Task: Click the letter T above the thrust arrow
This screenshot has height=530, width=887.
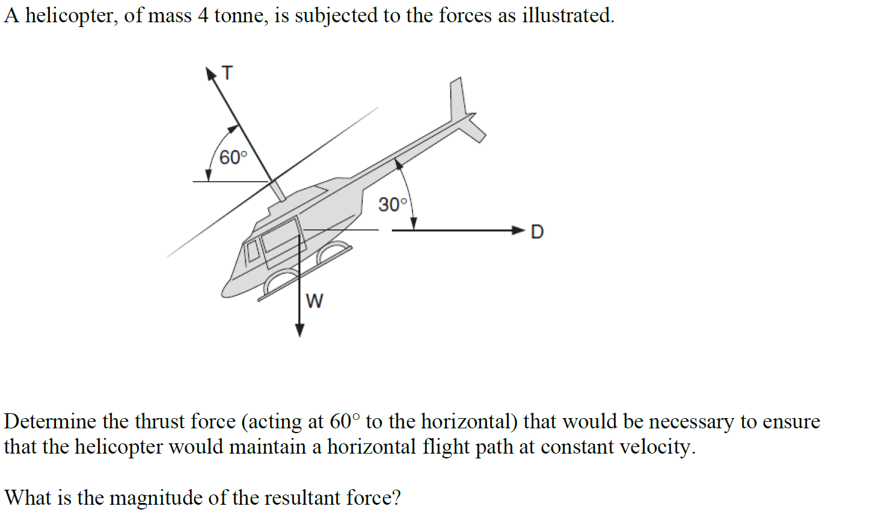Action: point(227,73)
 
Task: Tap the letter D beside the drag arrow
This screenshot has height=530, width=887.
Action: point(537,232)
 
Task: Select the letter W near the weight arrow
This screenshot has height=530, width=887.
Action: point(315,301)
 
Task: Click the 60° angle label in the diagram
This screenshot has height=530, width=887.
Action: point(233,158)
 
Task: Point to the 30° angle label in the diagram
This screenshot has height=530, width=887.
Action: point(393,205)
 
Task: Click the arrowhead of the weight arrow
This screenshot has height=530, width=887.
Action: point(299,330)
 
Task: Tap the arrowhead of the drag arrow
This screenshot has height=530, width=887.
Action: point(518,230)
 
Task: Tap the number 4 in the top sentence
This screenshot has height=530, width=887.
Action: point(203,15)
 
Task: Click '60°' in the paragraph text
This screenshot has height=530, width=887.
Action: point(345,421)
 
